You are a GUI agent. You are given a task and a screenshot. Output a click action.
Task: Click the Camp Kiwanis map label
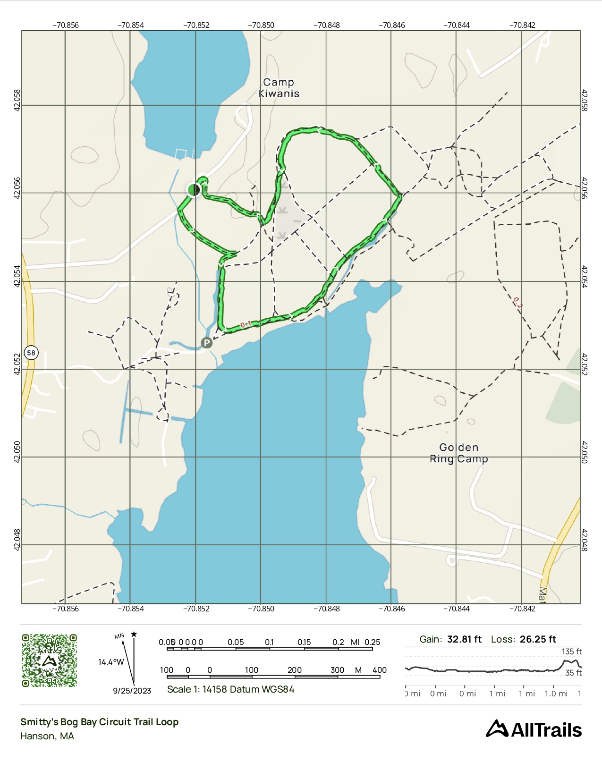(x=279, y=88)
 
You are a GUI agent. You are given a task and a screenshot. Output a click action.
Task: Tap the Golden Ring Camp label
(x=458, y=453)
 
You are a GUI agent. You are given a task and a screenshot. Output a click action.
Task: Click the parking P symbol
(x=206, y=343)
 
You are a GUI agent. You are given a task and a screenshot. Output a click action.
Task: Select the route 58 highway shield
(x=31, y=353)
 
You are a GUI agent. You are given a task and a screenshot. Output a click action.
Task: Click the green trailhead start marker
(x=194, y=190)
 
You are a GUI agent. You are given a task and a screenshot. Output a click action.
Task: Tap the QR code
(x=49, y=660)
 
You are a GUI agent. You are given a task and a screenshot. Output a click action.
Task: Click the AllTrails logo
(x=534, y=729)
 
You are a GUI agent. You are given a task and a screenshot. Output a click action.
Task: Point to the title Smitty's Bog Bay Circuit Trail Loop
(x=99, y=722)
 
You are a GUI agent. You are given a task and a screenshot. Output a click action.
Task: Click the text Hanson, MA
(x=47, y=736)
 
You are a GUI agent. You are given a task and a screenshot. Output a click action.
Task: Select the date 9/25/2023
(x=132, y=691)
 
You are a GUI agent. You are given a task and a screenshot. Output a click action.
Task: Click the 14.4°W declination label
(x=111, y=662)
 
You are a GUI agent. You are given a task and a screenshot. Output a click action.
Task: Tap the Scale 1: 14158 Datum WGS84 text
(x=230, y=689)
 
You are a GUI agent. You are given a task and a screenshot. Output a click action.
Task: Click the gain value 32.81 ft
(x=464, y=639)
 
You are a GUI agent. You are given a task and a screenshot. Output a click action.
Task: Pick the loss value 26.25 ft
(x=538, y=639)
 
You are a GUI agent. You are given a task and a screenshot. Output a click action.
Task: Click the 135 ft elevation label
(x=571, y=652)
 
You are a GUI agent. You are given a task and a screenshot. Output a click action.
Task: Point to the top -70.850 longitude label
(x=261, y=25)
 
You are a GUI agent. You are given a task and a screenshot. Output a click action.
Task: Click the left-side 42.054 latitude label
(x=17, y=276)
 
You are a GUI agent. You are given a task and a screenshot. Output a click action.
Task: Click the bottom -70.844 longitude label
(x=457, y=609)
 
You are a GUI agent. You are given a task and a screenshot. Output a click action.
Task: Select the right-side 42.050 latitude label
(x=585, y=452)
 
